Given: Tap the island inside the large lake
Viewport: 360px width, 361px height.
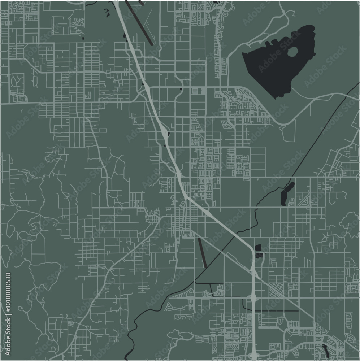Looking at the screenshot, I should coord(292,52).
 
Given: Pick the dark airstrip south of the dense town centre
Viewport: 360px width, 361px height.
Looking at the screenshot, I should coord(202,253).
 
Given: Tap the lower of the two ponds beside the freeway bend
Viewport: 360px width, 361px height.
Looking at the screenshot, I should coord(259,256).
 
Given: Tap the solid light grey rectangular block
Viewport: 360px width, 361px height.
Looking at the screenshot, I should coord(204,90).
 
